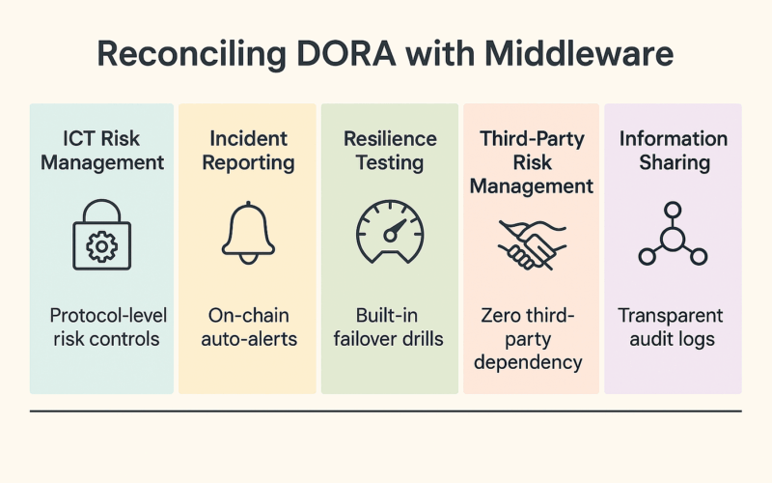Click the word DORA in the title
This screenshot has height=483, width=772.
(346, 53)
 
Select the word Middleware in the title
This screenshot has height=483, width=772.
(578, 53)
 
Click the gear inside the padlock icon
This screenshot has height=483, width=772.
(102, 246)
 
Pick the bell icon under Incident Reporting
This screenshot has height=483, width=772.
(248, 233)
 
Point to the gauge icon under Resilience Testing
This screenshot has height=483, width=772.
(390, 232)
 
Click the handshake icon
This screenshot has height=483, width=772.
(532, 245)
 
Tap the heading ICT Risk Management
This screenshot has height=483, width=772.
(102, 151)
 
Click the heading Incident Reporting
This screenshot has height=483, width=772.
(248, 151)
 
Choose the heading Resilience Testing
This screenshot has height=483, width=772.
(390, 151)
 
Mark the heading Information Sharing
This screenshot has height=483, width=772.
(674, 151)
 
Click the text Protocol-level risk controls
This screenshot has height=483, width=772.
(108, 327)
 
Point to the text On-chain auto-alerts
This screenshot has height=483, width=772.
(249, 327)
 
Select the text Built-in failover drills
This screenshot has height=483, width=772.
(388, 327)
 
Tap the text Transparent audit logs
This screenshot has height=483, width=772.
(671, 327)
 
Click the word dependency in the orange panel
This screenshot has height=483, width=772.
(528, 363)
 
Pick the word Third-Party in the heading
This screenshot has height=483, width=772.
(532, 138)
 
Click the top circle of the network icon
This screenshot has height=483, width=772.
(673, 210)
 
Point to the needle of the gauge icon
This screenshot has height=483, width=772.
(396, 229)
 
